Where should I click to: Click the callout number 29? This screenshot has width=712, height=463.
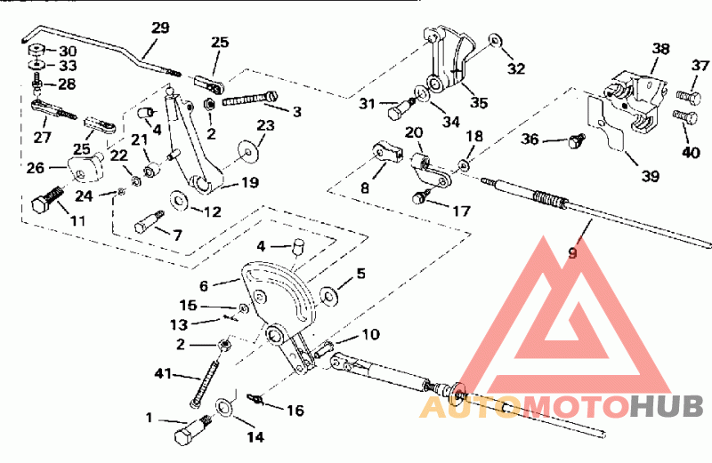pyautogui.click(x=159, y=28)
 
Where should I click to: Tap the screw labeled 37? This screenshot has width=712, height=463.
pyautogui.click(x=684, y=93)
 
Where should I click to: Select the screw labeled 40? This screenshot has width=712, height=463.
pyautogui.click(x=683, y=116)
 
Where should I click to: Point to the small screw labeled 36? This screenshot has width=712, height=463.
pyautogui.click(x=576, y=139)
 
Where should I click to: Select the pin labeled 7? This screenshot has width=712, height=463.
pyautogui.click(x=147, y=221)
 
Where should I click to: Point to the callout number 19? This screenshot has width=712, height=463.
pyautogui.click(x=249, y=184)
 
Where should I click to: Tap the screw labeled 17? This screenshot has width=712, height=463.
pyautogui.click(x=423, y=197)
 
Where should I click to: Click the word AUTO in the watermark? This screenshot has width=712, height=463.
pyautogui.click(x=470, y=408)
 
